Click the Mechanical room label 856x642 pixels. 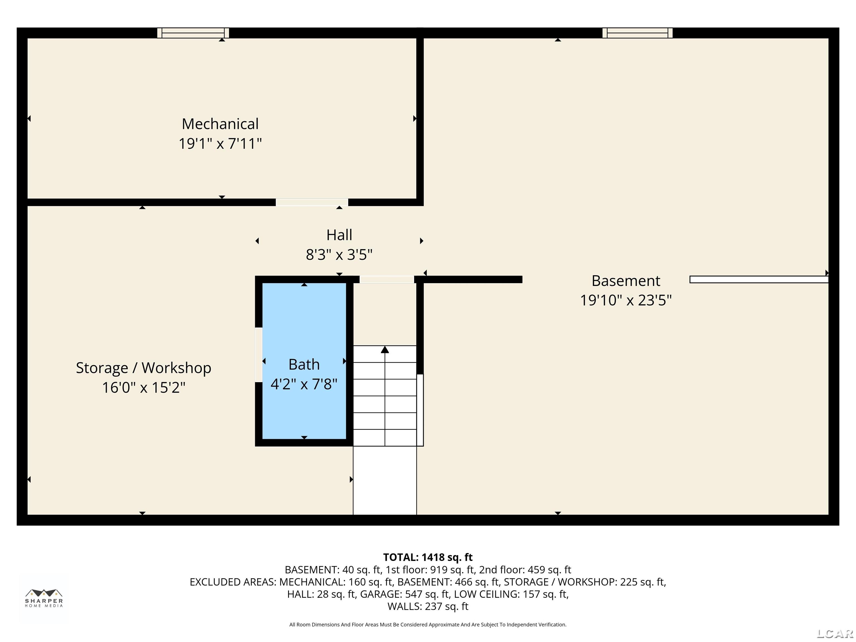coord(220,124)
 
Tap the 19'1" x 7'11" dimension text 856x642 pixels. coord(220,144)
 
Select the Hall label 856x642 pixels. coord(339,235)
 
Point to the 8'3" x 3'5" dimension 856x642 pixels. coord(339,255)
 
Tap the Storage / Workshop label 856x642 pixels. coord(144,368)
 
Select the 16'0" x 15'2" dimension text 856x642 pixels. coord(144,387)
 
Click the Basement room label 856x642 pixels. coord(626,281)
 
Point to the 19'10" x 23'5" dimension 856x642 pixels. coord(626,300)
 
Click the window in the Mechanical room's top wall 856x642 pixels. coord(193,33)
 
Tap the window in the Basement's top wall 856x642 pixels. coord(637,33)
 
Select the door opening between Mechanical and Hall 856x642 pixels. coord(312,202)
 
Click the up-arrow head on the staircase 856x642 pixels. coord(385,349)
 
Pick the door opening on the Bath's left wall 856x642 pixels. coord(259,354)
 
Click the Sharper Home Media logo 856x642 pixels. coord(44,598)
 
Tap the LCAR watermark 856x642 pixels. coord(835,633)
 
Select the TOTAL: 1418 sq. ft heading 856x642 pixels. coord(428,557)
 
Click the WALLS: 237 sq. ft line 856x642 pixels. coord(428,606)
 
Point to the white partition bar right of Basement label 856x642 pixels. coord(759,279)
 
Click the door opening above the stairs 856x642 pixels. coord(386,279)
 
